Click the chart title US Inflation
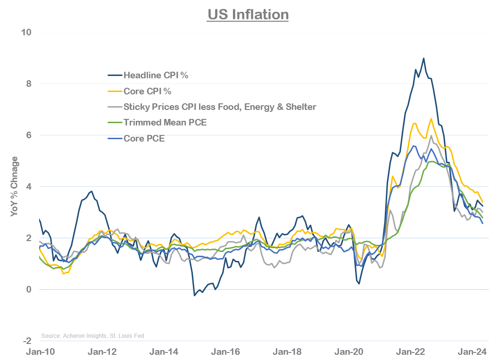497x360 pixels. tap(248, 14)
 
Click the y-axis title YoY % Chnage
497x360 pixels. tap(15, 186)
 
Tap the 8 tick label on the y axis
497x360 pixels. tap(28, 84)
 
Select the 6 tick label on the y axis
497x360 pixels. tap(28, 135)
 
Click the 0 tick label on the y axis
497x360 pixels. tap(28, 289)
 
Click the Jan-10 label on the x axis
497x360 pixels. tap(40, 352)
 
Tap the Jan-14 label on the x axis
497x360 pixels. tap(163, 352)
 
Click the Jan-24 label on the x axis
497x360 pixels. tap(472, 352)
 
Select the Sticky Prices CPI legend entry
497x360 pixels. tap(219, 107)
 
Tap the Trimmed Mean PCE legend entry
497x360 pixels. tap(165, 123)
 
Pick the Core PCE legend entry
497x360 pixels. tap(144, 139)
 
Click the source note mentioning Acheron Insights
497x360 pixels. tap(92, 335)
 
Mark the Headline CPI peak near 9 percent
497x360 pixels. tap(423, 59)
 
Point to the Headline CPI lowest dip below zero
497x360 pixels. tap(194, 295)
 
